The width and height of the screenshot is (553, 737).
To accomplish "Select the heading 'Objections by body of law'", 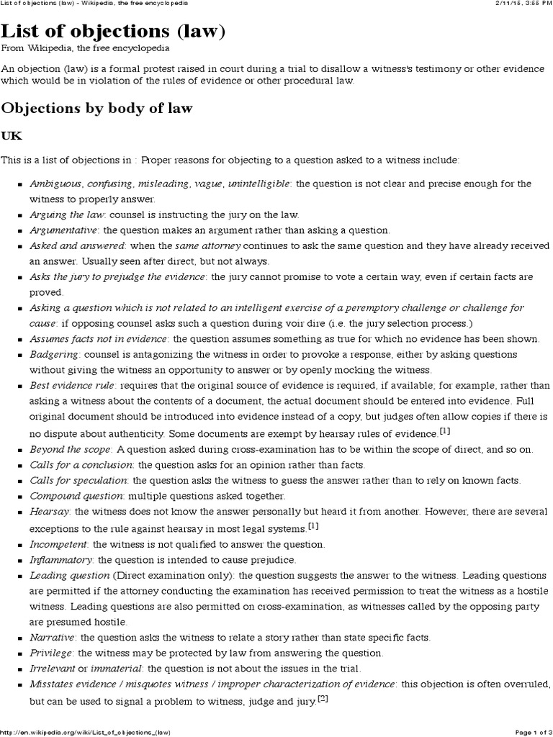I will pyautogui.click(x=97, y=108).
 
